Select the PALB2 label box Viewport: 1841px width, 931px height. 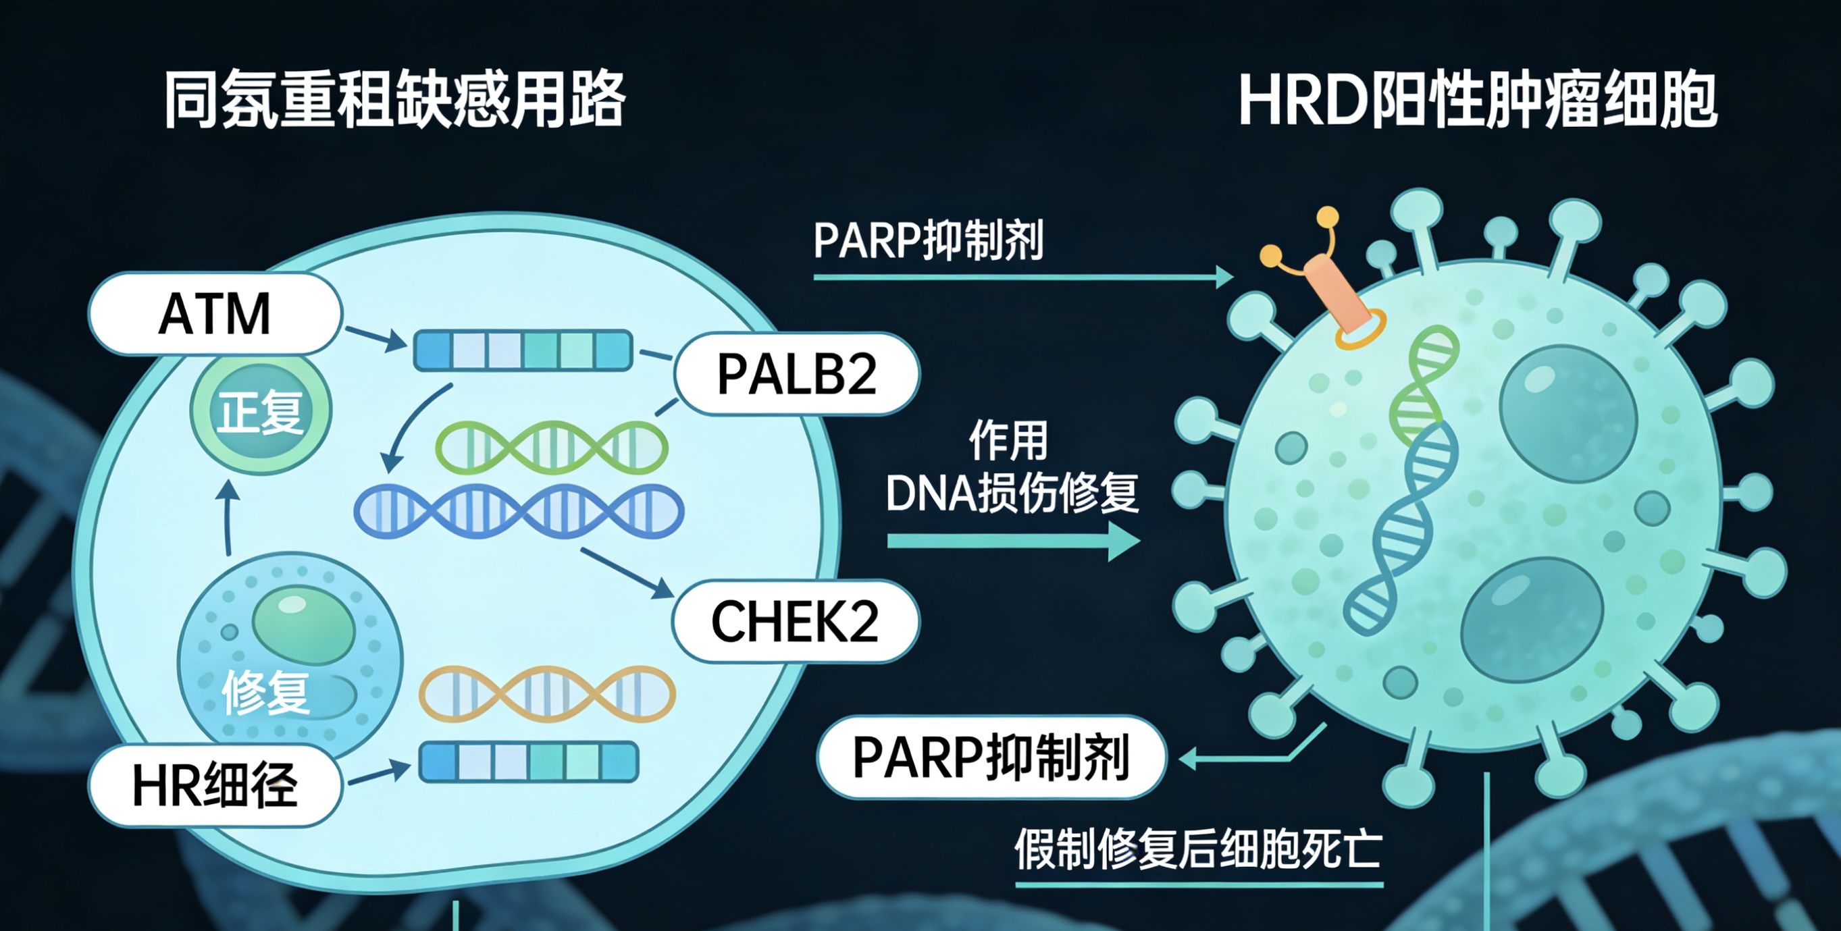(797, 374)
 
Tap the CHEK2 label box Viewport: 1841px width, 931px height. (796, 621)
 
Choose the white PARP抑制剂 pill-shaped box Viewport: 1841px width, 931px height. (991, 757)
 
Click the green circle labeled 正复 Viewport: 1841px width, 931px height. (261, 412)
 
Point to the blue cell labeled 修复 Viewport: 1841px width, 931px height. (290, 654)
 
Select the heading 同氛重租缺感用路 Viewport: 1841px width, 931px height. (395, 99)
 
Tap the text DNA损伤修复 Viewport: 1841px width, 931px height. (1012, 493)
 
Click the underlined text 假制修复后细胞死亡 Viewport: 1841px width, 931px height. (1199, 849)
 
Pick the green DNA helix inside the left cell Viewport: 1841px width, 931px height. (552, 448)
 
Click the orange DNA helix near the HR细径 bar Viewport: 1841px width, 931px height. (547, 694)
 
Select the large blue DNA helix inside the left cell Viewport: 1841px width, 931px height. (519, 511)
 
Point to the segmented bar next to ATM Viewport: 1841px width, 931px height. (523, 350)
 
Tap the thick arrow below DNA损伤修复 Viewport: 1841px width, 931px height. (1014, 541)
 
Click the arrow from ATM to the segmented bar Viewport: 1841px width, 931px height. (376, 339)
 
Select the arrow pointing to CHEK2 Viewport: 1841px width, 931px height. (627, 573)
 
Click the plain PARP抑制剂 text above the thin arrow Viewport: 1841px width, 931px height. (929, 240)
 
